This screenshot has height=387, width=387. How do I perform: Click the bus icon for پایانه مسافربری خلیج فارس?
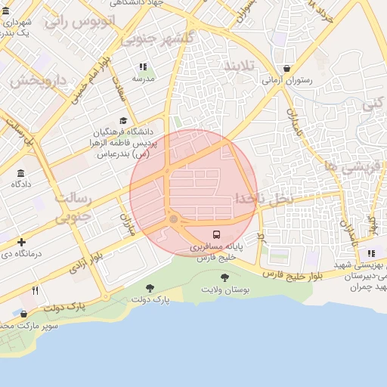click(x=217, y=234)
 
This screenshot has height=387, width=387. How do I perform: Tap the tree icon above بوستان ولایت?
click(x=224, y=278)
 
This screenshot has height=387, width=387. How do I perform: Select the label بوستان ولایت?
click(x=224, y=290)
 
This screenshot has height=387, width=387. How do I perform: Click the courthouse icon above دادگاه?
click(x=20, y=173)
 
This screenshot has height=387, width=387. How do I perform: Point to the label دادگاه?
click(x=20, y=184)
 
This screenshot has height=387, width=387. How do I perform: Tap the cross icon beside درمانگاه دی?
click(x=22, y=242)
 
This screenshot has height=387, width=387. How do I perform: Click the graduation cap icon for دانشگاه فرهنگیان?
click(x=123, y=121)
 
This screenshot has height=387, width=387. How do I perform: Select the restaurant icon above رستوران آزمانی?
click(x=286, y=68)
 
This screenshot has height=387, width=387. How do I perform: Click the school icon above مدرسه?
click(x=144, y=67)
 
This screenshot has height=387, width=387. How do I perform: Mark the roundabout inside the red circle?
click(x=174, y=219)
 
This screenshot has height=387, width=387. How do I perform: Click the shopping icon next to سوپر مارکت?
click(x=23, y=314)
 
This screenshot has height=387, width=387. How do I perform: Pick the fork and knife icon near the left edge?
click(x=35, y=290)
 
